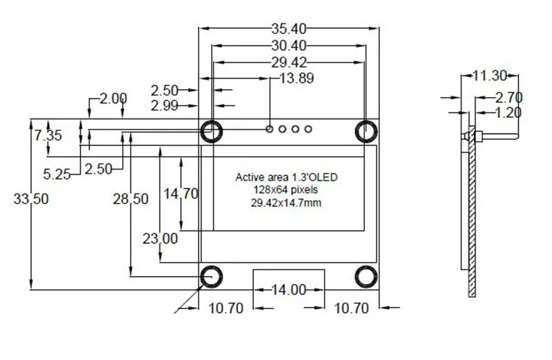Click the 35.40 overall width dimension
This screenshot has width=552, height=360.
289,29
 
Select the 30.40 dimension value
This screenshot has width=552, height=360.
289,46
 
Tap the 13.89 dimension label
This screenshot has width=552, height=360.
297,78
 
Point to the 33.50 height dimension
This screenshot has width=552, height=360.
31,199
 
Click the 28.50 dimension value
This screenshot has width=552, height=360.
130,199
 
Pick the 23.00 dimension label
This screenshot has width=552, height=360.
160,239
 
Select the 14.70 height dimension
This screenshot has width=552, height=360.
181,194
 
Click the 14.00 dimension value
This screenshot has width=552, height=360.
289,290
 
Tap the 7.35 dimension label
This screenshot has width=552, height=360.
49,135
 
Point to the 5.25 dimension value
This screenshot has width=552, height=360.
57,174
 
